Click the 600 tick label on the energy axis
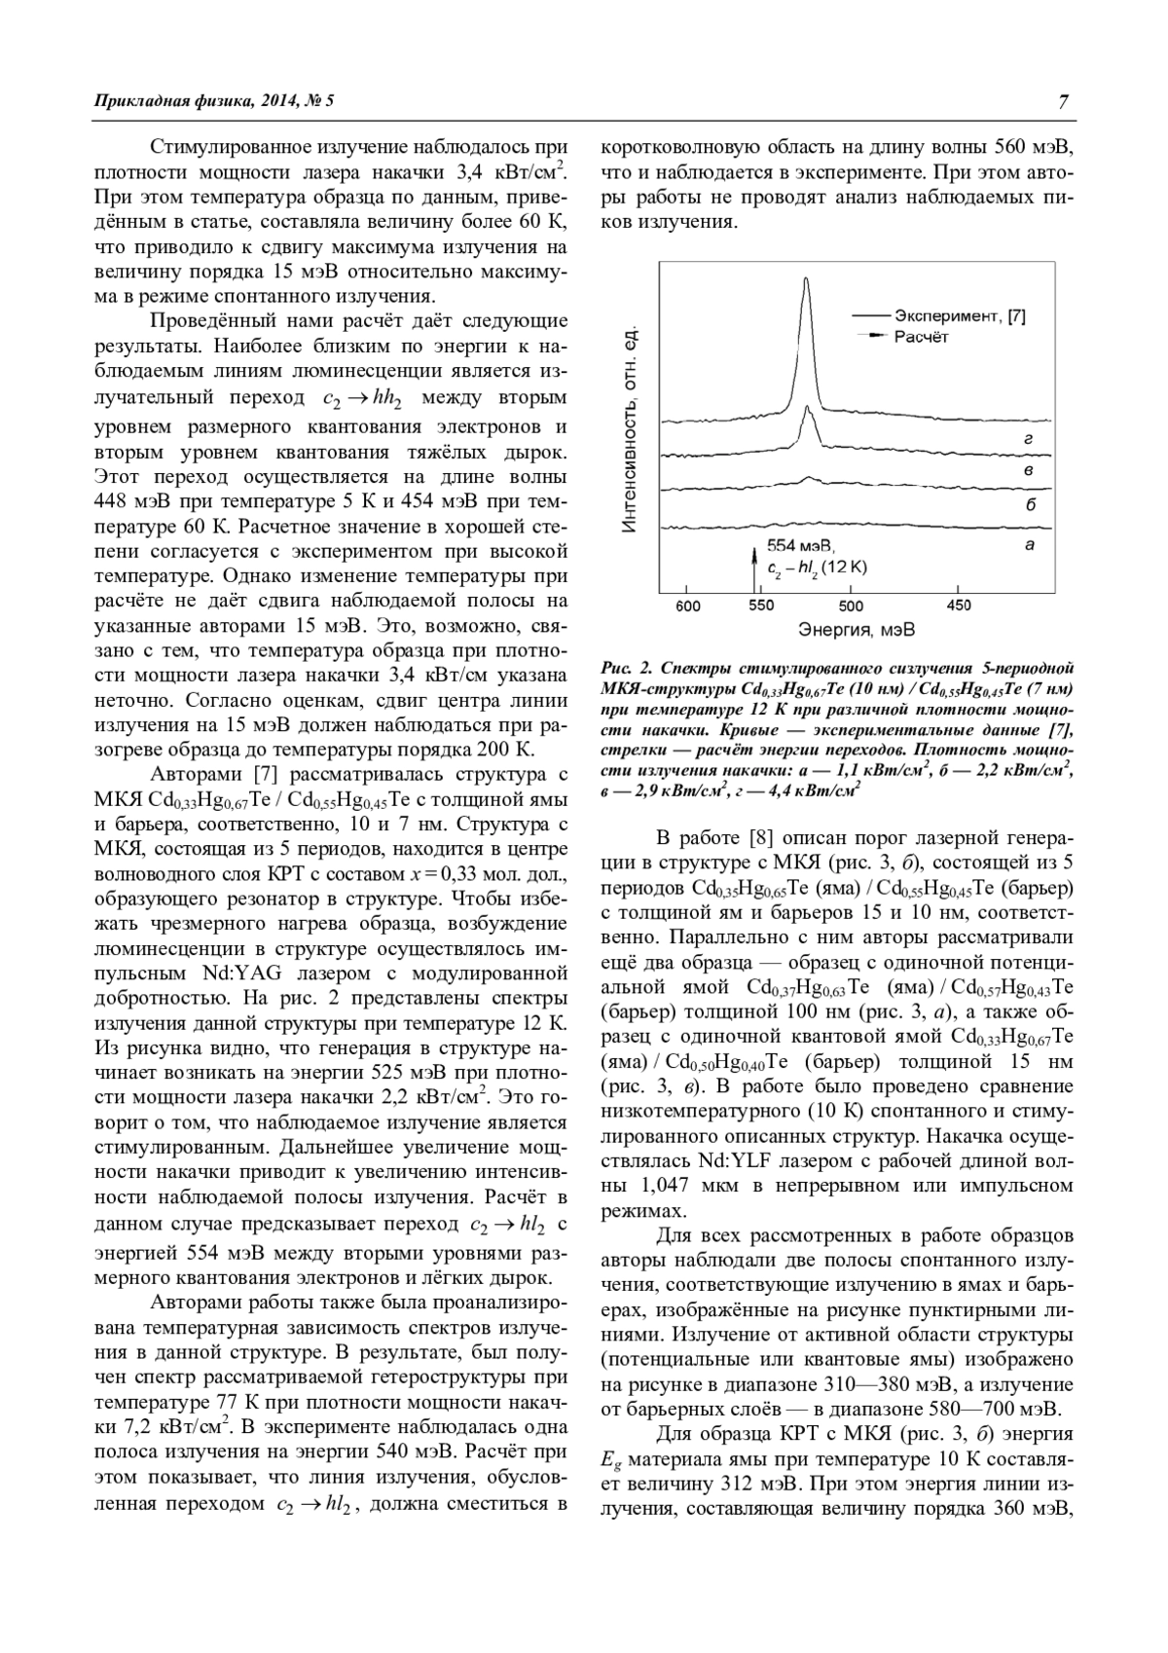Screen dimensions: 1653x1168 (687, 606)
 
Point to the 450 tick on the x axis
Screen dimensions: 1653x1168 (959, 606)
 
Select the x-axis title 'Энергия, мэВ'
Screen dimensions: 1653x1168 (857, 630)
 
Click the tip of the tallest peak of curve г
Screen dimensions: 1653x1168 (806, 280)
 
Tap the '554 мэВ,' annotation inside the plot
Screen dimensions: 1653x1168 (801, 545)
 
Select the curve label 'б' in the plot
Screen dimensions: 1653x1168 (1030, 504)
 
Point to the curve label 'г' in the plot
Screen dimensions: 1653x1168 (1029, 440)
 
